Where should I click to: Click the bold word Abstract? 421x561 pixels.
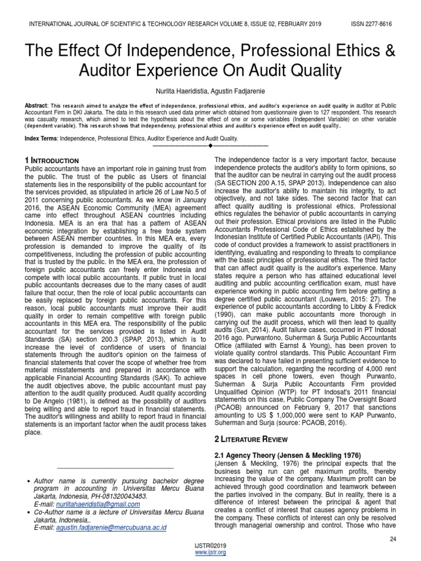click(x=36, y=105)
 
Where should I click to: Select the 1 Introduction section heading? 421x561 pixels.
click(x=52, y=160)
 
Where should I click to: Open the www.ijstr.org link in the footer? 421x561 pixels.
click(x=210, y=553)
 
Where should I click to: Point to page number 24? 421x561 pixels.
click(x=392, y=539)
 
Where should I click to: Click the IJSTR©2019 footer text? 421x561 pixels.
click(x=210, y=546)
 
